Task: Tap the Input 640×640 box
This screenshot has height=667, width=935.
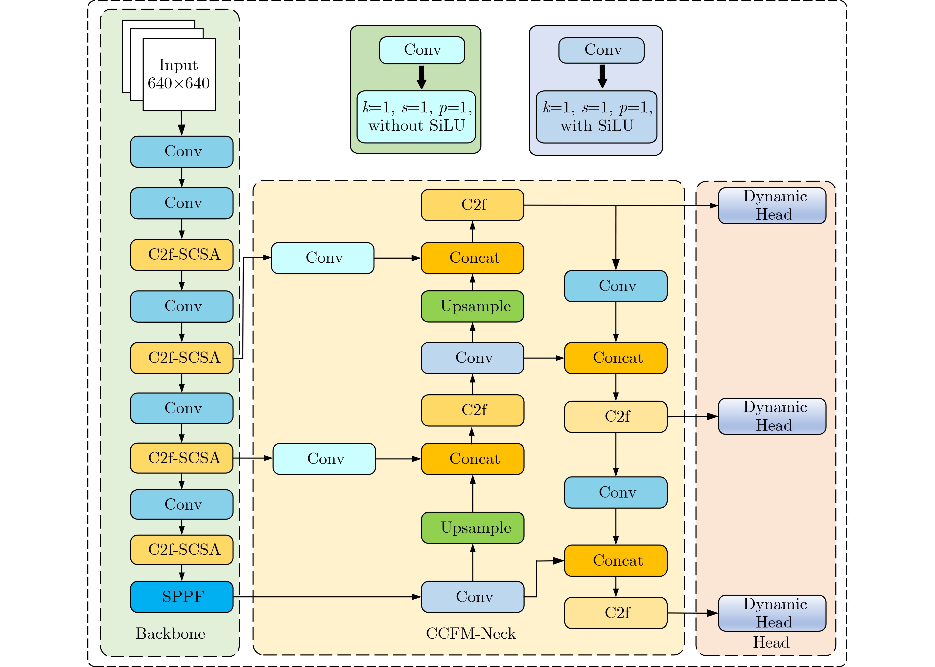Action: (x=179, y=74)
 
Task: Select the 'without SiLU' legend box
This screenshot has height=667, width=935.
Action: (x=416, y=117)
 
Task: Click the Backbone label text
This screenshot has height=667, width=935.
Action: (x=170, y=633)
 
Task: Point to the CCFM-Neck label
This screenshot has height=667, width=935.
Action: (x=470, y=633)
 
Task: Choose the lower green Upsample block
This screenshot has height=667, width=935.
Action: (x=472, y=528)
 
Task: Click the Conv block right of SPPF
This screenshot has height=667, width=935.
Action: (x=472, y=597)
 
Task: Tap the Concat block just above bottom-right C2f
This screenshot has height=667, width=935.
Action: (x=615, y=561)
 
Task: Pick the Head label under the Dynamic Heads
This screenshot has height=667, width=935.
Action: (x=771, y=642)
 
